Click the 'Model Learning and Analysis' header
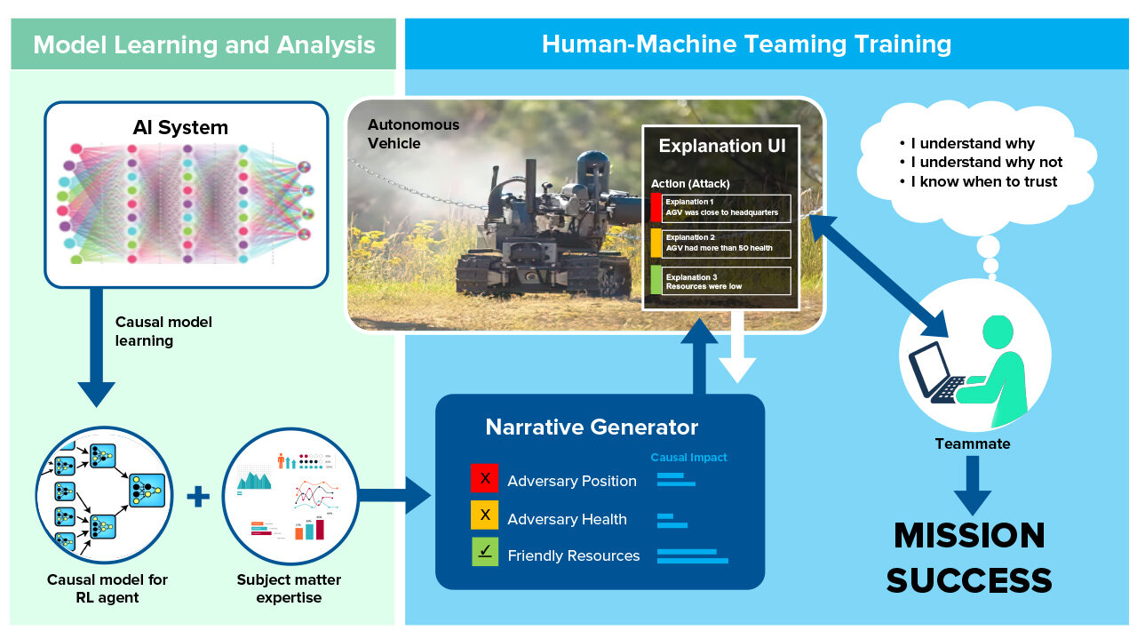coord(203,44)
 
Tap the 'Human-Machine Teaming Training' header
coord(746,44)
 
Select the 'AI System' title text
coord(180,127)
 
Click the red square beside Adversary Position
coord(484,478)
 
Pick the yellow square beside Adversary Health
coord(484,516)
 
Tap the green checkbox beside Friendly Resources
coord(484,553)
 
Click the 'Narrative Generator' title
coord(592,427)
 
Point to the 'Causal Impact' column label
coord(688,458)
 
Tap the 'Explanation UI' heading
coord(721,146)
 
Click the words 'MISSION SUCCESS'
coord(969,557)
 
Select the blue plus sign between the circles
coord(198,497)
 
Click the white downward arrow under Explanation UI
coord(737,351)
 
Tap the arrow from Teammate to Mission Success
coord(972,484)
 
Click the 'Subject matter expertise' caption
coord(288,588)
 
